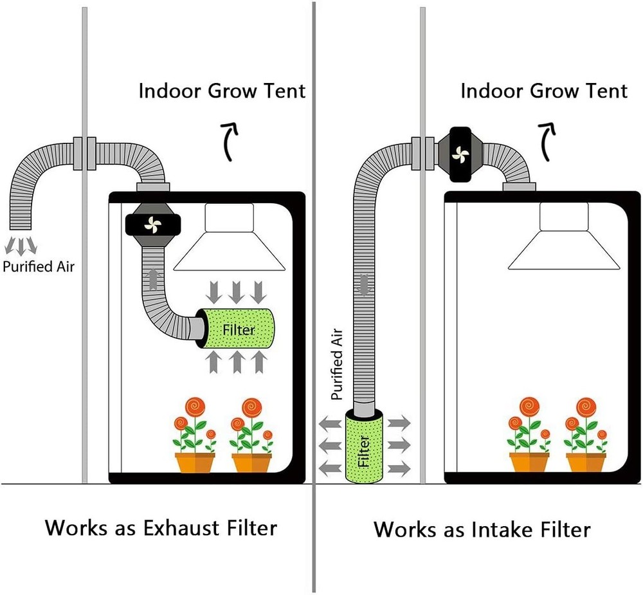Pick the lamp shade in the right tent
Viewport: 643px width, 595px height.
click(563, 248)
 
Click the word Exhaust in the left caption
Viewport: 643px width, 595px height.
click(183, 528)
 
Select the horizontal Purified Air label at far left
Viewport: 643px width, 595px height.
click(39, 266)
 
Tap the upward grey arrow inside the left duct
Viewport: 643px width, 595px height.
click(152, 279)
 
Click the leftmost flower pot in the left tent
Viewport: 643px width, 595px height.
click(195, 462)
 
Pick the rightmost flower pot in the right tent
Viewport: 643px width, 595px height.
click(586, 462)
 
